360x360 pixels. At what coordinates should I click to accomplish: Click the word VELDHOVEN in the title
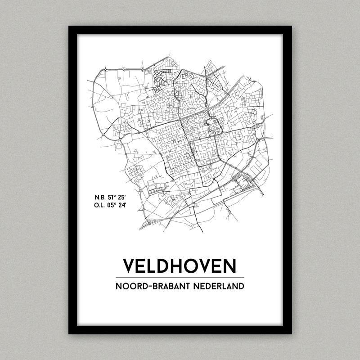pyautogui.click(x=180, y=266)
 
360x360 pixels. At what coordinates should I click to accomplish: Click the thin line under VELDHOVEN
pyautogui.click(x=180, y=277)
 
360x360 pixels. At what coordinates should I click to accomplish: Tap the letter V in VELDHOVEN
pyautogui.click(x=130, y=266)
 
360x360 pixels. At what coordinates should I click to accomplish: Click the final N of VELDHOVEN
pyautogui.click(x=229, y=266)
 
